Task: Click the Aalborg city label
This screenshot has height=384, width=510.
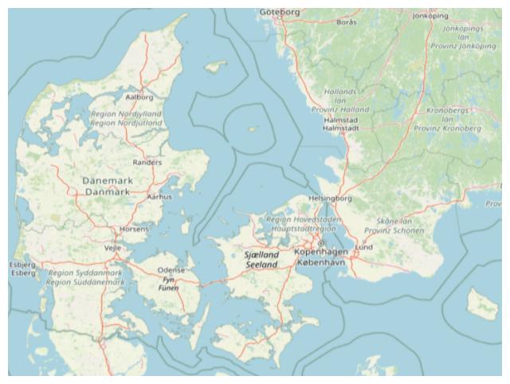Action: pyautogui.click(x=139, y=97)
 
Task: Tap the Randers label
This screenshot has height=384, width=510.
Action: pyautogui.click(x=147, y=163)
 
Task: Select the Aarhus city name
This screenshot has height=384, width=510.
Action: pyautogui.click(x=159, y=196)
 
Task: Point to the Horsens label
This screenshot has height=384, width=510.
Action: pyautogui.click(x=134, y=229)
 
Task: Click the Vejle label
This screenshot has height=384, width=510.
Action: pyautogui.click(x=113, y=248)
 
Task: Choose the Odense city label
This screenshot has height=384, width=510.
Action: pyautogui.click(x=171, y=270)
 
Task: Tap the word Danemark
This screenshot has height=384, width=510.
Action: pyautogui.click(x=108, y=181)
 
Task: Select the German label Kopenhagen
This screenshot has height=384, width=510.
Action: pyautogui.click(x=321, y=252)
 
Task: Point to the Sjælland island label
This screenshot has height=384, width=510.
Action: pyautogui.click(x=261, y=254)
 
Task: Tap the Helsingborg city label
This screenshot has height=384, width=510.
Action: pyautogui.click(x=330, y=198)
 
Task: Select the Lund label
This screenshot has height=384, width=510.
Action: pyautogui.click(x=363, y=248)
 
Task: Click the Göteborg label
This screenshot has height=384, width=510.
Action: pyautogui.click(x=280, y=12)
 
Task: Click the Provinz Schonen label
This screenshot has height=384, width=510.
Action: pyautogui.click(x=394, y=230)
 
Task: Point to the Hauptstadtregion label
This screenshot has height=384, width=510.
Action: pyautogui.click(x=304, y=228)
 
